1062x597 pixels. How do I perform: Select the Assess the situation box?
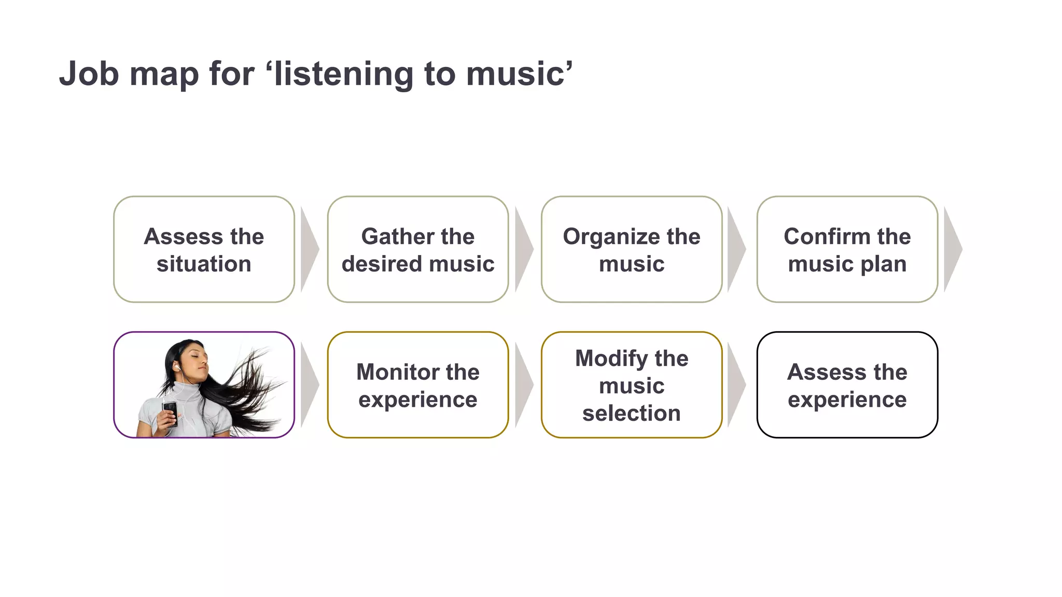(204, 249)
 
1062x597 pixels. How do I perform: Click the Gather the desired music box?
(417, 249)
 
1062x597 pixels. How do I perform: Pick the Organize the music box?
(632, 249)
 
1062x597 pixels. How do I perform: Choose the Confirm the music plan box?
(847, 249)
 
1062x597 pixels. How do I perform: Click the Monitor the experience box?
(417, 385)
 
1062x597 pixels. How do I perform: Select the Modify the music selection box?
(632, 385)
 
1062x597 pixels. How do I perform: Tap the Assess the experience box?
(847, 385)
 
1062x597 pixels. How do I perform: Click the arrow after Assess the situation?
(309, 249)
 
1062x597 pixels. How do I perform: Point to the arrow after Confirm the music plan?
(952, 249)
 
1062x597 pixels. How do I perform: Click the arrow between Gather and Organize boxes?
(523, 249)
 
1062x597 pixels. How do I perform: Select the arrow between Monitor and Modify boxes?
(523, 385)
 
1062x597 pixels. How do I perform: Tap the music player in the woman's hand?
(170, 411)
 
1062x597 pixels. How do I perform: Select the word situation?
(204, 264)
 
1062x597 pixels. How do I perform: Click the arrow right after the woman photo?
(309, 385)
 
